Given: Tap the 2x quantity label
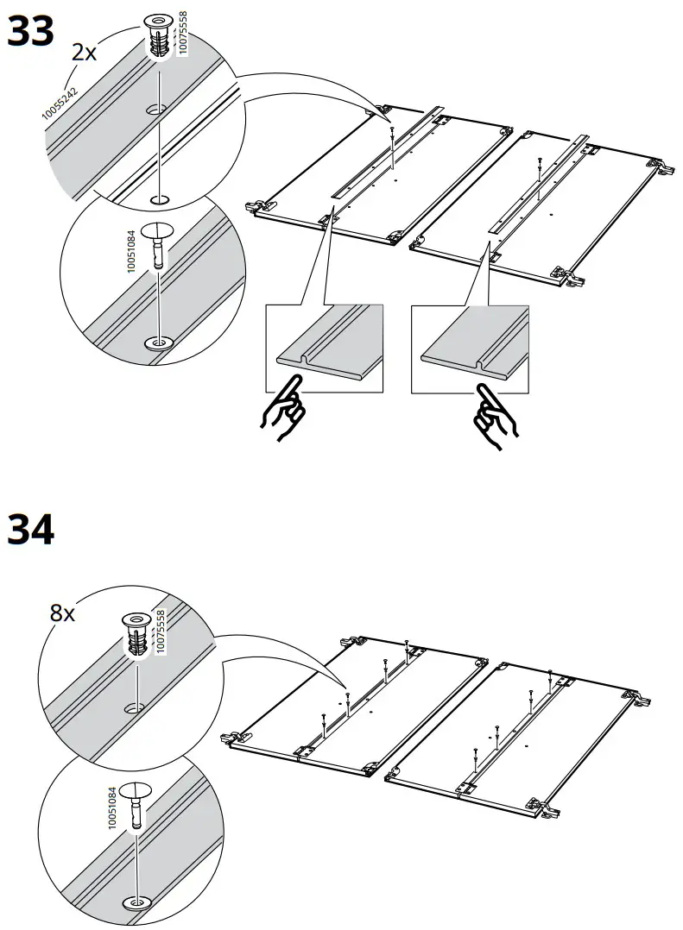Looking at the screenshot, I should (84, 53).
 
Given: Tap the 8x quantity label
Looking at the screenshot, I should (62, 613).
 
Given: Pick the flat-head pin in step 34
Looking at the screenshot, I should (136, 802).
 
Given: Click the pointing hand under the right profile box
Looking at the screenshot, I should (491, 419).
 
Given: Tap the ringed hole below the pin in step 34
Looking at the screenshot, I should (136, 902).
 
